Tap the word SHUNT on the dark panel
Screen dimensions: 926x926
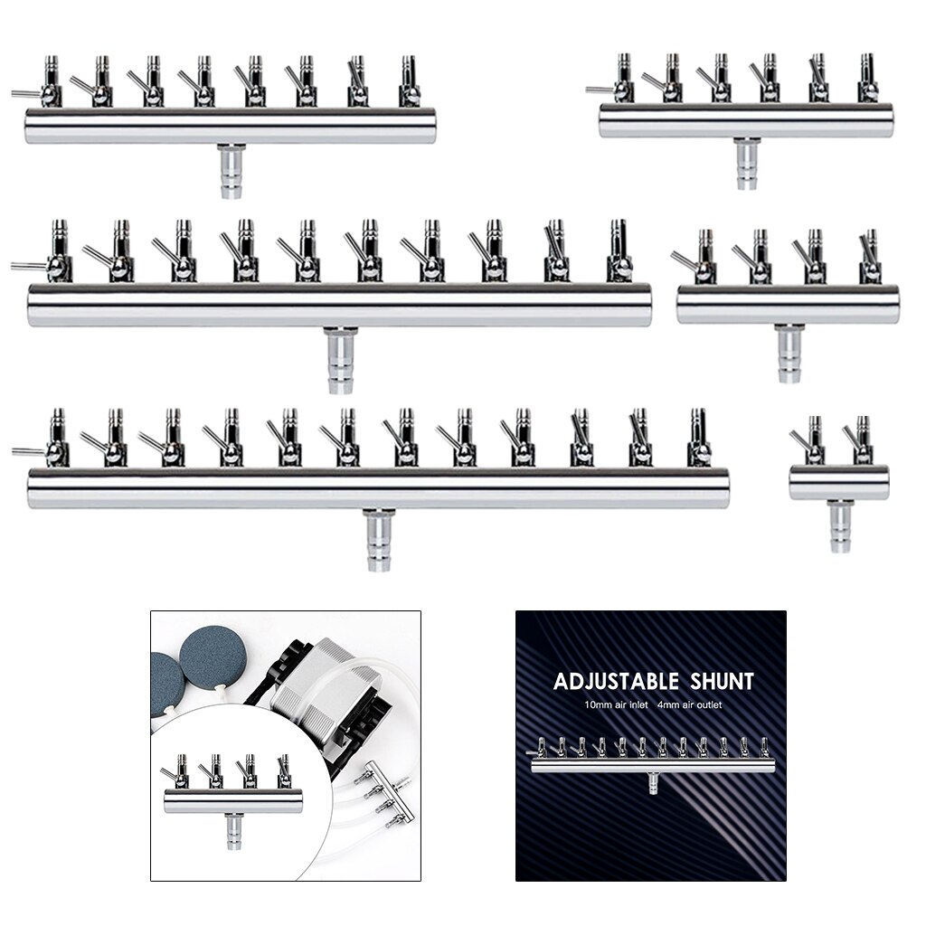click(722, 682)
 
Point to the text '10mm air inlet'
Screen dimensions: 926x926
click(616, 704)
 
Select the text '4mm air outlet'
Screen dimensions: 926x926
click(688, 704)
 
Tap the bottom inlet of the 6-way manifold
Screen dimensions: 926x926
click(746, 164)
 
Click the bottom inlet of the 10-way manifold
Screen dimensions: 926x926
click(340, 360)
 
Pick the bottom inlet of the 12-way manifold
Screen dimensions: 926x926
click(379, 540)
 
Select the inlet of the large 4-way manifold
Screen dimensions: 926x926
click(789, 354)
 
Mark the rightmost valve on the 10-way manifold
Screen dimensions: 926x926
click(619, 250)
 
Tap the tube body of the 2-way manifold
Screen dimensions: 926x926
click(839, 483)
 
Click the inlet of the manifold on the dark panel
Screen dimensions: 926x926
click(653, 783)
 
